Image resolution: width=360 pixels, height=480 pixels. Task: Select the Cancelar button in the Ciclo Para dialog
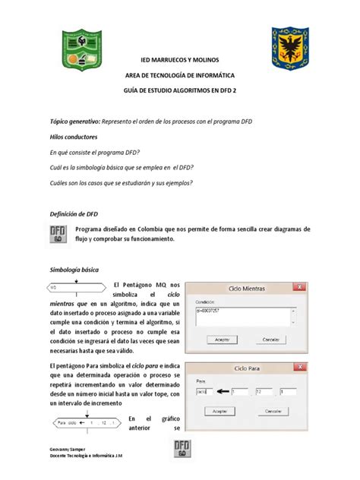click(x=276, y=410)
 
